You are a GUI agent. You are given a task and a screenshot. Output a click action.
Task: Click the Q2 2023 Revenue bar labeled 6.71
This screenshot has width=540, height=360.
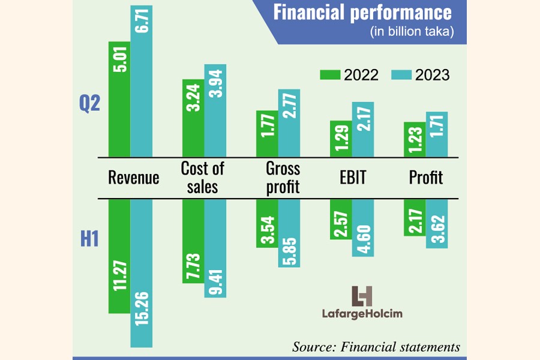click(142, 81)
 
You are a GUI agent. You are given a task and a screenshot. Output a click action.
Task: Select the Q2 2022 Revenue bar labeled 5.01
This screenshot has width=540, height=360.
click(119, 99)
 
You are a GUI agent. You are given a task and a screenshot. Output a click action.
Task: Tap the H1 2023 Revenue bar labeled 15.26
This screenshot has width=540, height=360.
click(142, 273)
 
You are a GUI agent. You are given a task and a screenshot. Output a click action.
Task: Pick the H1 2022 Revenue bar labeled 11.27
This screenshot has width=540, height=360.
click(119, 256)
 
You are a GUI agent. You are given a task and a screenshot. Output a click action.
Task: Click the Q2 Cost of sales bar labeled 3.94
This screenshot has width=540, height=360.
click(215, 111)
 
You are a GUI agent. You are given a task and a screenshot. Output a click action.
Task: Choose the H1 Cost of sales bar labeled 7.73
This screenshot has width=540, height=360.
click(193, 241)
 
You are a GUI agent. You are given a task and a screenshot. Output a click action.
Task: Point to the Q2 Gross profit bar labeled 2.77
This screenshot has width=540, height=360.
click(289, 124)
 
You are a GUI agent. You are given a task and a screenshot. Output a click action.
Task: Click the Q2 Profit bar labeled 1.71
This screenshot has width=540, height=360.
click(437, 134)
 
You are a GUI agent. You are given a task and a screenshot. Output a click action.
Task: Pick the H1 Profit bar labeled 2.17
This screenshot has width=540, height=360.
click(415, 217)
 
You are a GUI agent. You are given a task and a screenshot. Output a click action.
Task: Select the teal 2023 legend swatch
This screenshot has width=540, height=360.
click(401, 75)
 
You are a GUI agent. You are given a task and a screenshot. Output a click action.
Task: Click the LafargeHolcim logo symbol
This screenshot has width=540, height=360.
click(362, 296)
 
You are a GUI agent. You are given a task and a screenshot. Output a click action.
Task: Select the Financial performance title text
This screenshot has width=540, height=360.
click(362, 13)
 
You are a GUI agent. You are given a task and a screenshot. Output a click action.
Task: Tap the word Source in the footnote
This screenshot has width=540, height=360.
click(313, 347)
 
